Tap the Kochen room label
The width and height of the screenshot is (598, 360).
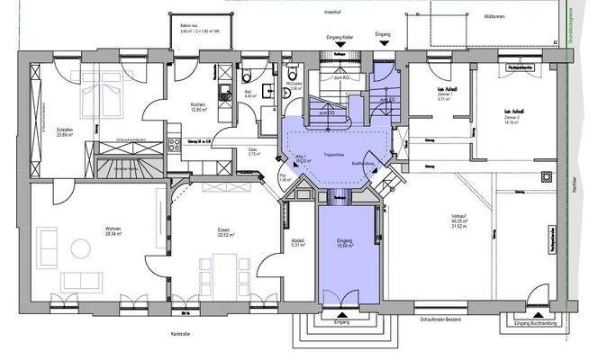pos(198,107)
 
